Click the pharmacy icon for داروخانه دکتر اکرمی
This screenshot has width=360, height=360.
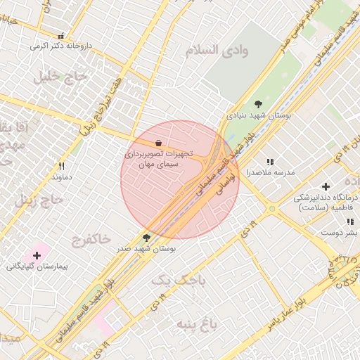tap(61, 36)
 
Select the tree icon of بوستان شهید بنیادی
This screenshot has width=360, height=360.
tap(258, 103)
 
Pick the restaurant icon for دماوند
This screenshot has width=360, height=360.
tap(62, 167)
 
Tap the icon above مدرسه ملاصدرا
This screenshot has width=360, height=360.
tap(270, 162)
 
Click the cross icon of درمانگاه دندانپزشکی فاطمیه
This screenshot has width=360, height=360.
tap(325, 186)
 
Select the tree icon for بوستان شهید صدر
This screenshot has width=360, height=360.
tap(146, 238)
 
